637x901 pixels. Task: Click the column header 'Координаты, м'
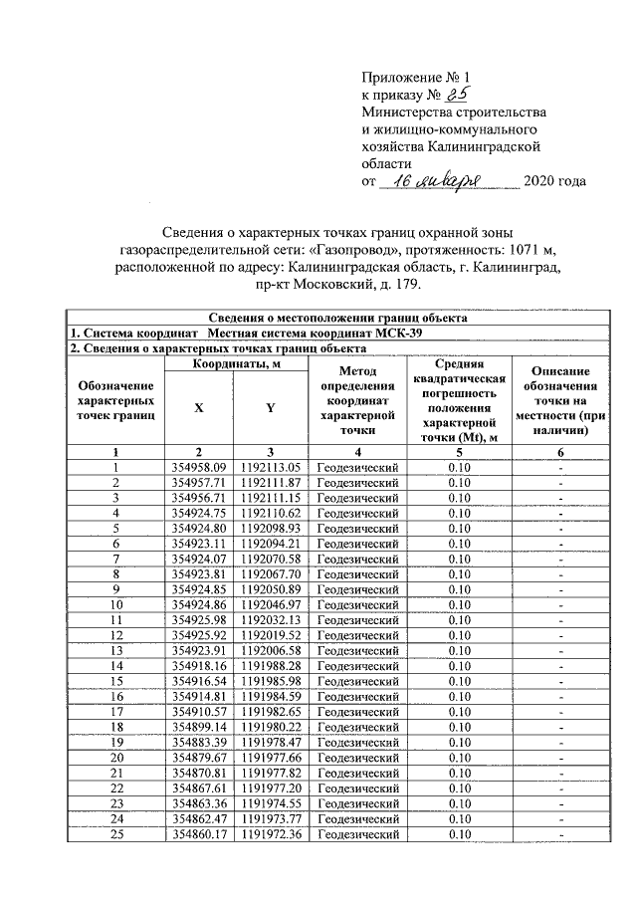234,364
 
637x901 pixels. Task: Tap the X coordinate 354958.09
199,467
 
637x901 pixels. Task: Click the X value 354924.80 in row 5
199,528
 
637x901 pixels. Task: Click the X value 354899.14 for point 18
199,727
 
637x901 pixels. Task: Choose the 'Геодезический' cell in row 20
357,757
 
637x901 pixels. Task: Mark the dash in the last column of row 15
560,681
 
